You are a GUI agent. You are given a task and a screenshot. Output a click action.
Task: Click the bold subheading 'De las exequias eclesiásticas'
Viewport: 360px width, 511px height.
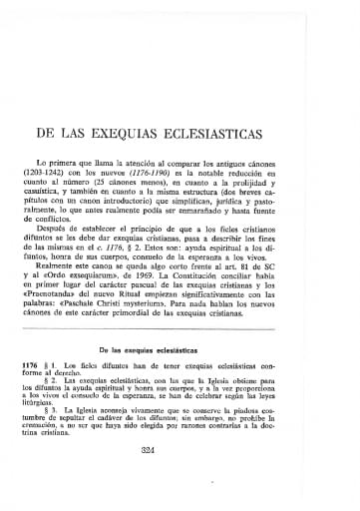click(x=180, y=350)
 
